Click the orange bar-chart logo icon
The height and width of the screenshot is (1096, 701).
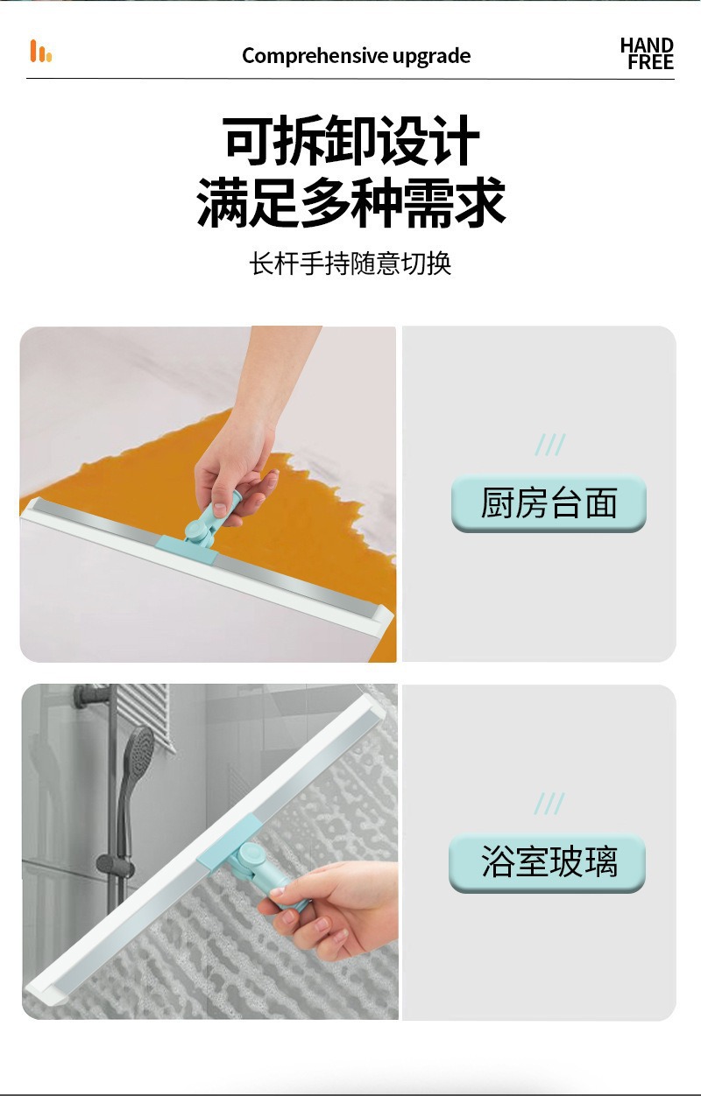(40, 52)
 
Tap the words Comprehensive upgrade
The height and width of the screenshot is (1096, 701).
(356, 56)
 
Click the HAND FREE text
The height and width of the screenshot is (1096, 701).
(648, 53)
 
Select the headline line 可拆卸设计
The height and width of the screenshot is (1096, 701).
(351, 140)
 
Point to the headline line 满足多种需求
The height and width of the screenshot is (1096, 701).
(351, 202)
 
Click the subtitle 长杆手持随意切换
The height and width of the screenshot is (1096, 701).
(350, 263)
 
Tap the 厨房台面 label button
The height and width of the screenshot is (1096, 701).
(549, 503)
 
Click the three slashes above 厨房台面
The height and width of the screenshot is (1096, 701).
(550, 445)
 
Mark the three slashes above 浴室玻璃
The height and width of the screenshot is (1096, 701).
(549, 804)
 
